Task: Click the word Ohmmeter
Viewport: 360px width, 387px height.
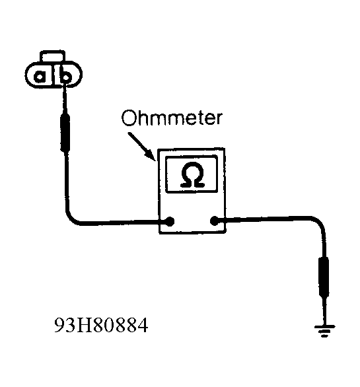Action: click(172, 118)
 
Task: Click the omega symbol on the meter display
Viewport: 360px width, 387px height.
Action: click(192, 174)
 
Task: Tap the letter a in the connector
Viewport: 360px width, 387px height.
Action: click(40, 76)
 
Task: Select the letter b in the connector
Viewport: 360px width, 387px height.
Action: click(65, 75)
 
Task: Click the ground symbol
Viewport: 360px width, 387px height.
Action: click(324, 331)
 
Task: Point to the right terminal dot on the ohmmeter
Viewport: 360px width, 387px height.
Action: click(215, 221)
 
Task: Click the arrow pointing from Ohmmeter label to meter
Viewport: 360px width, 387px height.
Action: click(142, 147)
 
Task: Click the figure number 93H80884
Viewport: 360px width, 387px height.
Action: click(101, 326)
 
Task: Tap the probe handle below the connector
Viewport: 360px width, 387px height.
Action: click(65, 132)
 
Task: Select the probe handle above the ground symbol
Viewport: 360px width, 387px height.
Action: click(324, 277)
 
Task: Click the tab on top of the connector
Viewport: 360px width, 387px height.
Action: click(53, 56)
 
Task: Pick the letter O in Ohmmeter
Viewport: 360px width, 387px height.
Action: click(129, 118)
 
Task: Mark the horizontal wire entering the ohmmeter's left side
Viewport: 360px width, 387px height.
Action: click(118, 223)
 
